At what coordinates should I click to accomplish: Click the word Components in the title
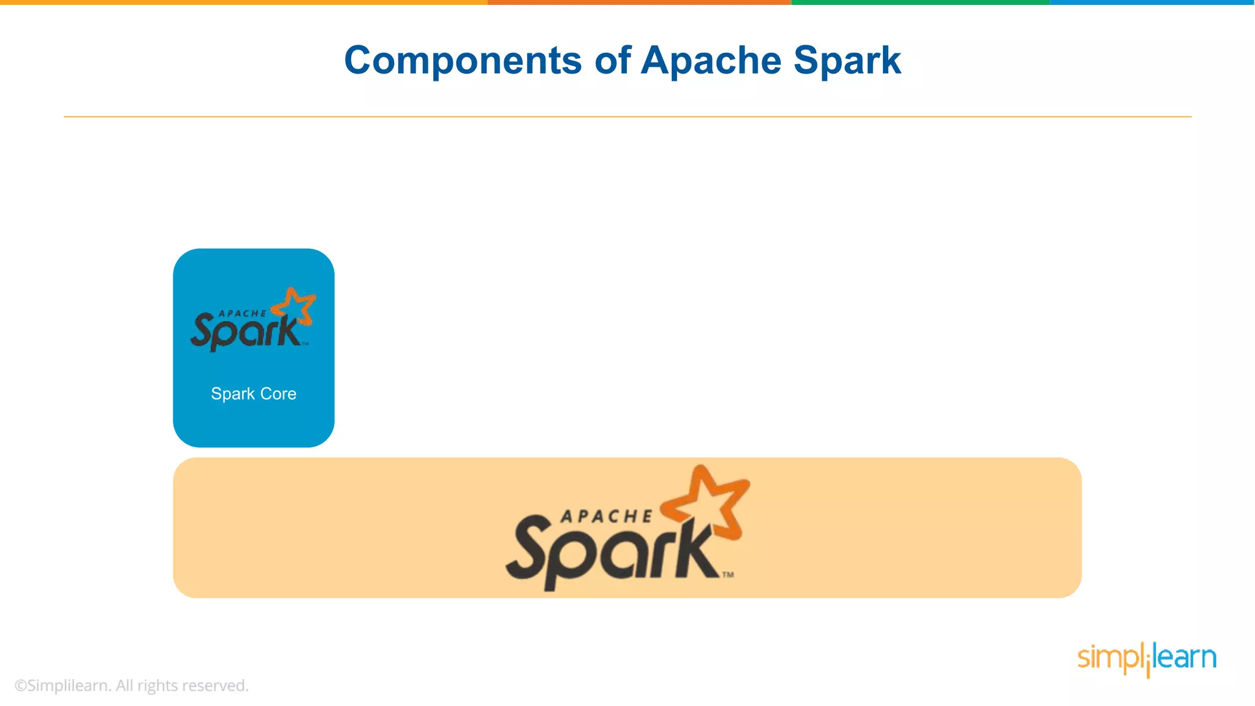pos(463,61)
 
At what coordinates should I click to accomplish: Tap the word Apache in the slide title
pos(711,61)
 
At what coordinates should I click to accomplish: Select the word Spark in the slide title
pos(847,61)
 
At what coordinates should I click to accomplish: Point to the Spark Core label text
pos(254,393)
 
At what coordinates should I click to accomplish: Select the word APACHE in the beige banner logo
pos(607,517)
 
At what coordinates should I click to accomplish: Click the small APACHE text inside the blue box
pos(243,313)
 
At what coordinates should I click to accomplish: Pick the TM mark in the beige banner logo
pos(727,575)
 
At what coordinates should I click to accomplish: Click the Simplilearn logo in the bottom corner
pos(1147,659)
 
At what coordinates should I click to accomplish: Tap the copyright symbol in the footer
pos(20,686)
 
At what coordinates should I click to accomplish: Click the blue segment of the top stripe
pos(1152,2)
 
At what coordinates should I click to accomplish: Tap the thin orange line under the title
pos(627,116)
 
